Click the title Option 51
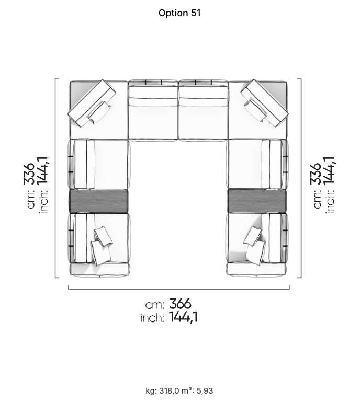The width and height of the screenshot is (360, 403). [x=179, y=13]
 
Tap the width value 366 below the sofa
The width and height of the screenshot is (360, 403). [x=180, y=304]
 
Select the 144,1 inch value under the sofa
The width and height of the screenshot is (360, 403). [x=184, y=317]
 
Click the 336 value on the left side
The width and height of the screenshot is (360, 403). [x=29, y=174]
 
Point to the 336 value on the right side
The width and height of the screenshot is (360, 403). [x=315, y=174]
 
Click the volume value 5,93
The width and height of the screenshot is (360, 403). [x=205, y=391]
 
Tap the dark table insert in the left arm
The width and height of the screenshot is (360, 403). [x=99, y=201]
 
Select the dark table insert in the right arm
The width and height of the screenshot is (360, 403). [x=257, y=201]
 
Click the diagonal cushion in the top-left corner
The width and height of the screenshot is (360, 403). [x=92, y=103]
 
